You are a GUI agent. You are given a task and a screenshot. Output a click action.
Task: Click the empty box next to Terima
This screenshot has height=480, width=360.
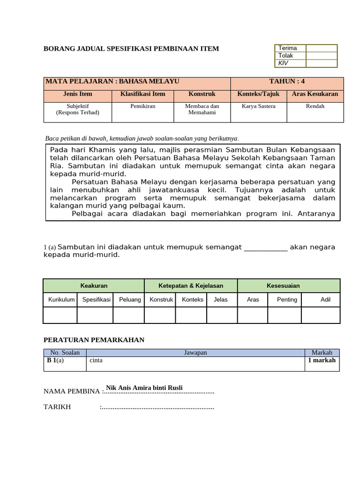[x=322, y=48]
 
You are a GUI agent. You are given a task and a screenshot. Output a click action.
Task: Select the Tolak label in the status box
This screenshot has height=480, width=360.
[x=285, y=55]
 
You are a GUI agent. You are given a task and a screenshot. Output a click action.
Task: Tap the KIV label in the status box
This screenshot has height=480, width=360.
[x=284, y=62]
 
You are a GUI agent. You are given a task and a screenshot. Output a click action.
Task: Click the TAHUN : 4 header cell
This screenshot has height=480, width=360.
[x=287, y=81]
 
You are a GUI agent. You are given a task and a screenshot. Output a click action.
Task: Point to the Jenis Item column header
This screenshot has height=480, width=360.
[x=78, y=94]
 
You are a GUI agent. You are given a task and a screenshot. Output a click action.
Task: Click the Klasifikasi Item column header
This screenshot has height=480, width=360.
[x=143, y=94]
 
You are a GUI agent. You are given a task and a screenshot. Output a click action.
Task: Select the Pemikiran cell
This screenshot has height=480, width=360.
[x=143, y=106]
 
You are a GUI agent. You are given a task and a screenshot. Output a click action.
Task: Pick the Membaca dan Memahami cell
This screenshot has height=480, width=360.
[x=202, y=109]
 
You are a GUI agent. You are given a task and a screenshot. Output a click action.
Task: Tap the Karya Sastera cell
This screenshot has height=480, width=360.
[x=258, y=106]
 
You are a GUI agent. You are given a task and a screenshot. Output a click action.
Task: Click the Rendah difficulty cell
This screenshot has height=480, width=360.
[x=315, y=106]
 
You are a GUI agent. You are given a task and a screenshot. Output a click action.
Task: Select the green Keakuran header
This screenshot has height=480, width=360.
[x=94, y=285]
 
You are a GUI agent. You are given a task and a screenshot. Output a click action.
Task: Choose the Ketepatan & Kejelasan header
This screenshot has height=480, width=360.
[x=191, y=285]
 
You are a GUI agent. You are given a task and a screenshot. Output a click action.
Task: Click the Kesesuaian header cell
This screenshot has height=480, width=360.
[x=289, y=285]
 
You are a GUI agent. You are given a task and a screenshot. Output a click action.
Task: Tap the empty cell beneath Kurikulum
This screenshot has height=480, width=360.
[x=60, y=315]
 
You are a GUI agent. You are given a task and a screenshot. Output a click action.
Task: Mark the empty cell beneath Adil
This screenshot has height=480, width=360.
[x=321, y=315]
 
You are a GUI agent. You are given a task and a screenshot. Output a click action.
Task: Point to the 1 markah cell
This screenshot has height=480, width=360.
[x=322, y=360]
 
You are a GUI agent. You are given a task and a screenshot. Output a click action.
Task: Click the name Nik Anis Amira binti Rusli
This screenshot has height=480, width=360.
[x=144, y=387]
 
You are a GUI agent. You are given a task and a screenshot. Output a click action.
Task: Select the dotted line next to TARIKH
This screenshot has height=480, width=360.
[x=157, y=408]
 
